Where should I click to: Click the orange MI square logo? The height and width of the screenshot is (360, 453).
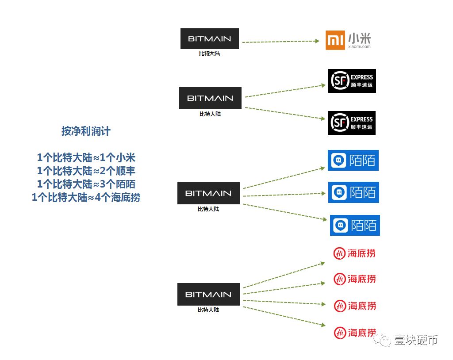point(335,40)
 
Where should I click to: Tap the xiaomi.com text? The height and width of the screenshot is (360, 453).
point(359,46)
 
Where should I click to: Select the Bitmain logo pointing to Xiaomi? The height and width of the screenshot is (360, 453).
point(209,39)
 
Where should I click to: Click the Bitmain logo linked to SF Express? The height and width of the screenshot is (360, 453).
point(210,98)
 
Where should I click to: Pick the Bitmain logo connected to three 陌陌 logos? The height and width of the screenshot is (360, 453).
point(208,193)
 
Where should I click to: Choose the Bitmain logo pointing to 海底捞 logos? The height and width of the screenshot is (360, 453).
point(208,295)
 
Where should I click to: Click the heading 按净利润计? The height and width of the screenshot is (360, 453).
point(86,131)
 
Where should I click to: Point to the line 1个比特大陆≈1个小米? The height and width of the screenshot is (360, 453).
point(86,158)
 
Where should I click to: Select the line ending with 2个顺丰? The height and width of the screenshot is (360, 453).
point(86,171)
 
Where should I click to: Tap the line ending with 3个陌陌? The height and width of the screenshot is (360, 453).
point(86,184)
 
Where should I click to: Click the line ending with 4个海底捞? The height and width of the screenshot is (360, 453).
point(86,198)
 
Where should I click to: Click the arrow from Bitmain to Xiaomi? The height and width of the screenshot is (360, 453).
point(280,42)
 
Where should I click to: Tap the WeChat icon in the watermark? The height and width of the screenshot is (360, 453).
point(382,340)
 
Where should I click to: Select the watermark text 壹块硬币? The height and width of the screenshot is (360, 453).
point(416,340)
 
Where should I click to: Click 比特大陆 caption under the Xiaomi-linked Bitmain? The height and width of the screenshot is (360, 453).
point(209,54)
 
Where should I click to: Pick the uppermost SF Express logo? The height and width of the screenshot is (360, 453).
point(352,81)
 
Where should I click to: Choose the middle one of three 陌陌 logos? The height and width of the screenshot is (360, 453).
point(353,192)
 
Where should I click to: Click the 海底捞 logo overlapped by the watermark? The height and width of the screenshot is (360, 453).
point(355,333)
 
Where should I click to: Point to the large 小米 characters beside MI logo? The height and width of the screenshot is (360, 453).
point(359,38)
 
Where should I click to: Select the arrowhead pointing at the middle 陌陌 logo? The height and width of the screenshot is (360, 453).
point(323,193)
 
